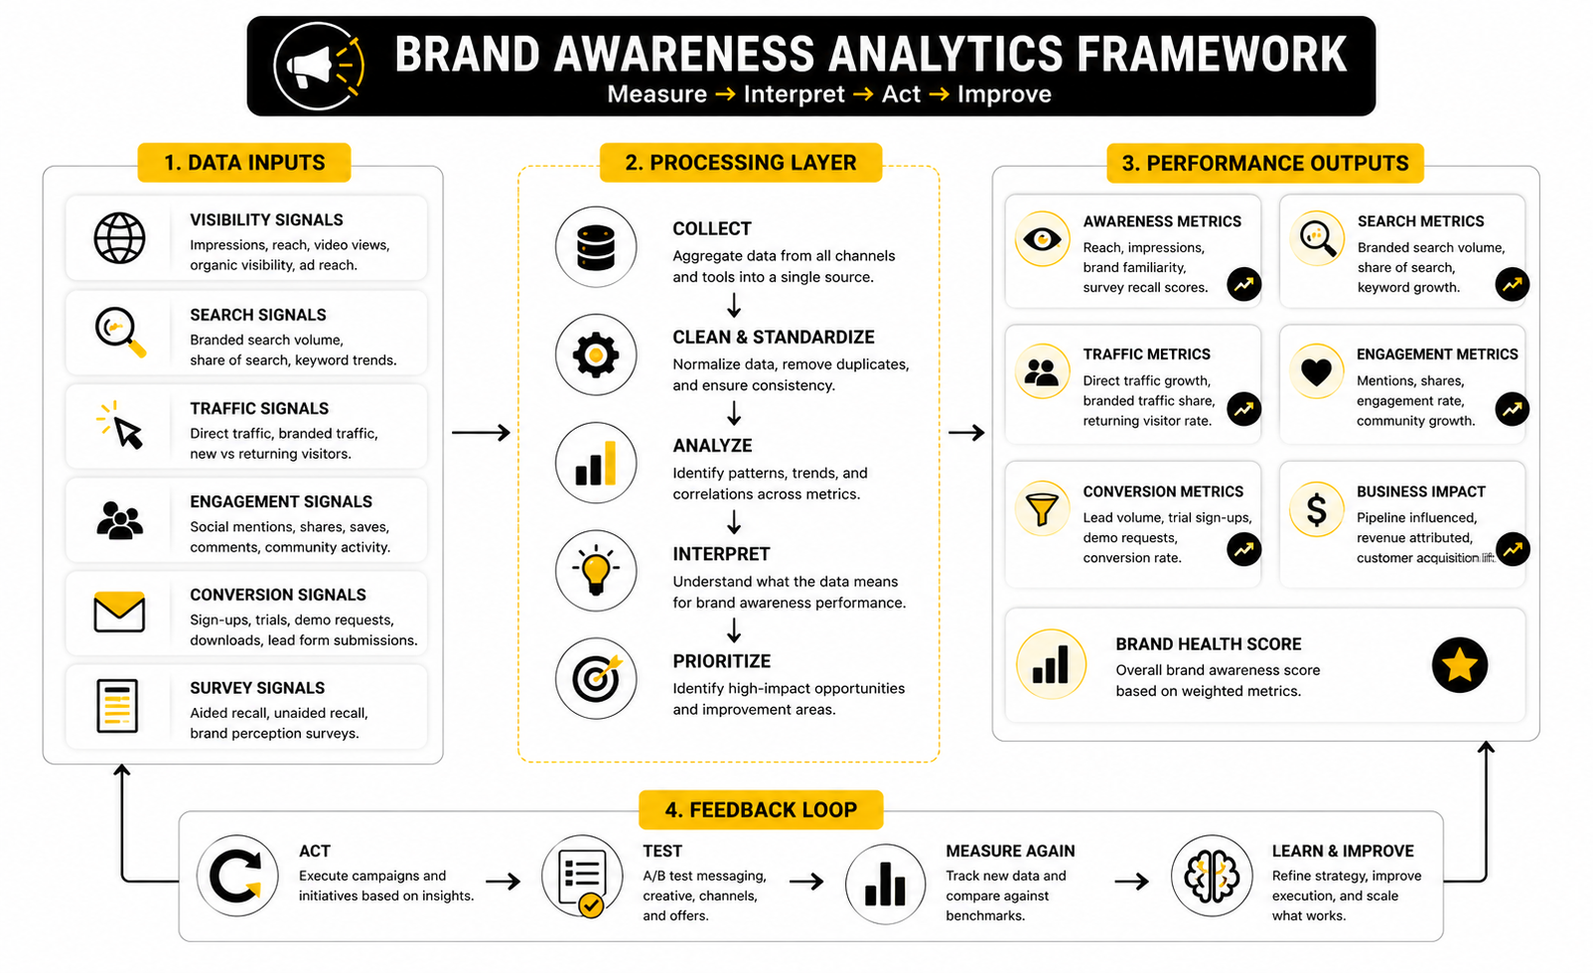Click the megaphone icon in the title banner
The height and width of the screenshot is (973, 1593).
(x=318, y=67)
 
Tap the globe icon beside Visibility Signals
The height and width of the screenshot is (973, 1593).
(x=119, y=238)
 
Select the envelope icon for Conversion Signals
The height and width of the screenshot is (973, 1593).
(x=119, y=613)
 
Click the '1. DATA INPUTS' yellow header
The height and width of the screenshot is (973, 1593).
(x=244, y=163)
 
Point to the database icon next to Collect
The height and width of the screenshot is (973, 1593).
(x=596, y=247)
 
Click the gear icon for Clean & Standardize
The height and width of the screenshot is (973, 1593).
(x=596, y=354)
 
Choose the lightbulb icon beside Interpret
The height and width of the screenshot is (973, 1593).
(x=596, y=571)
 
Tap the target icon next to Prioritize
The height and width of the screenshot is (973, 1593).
(x=596, y=678)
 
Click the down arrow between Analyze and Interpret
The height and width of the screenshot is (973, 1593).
(x=734, y=522)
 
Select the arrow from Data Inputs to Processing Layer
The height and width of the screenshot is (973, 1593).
(x=481, y=433)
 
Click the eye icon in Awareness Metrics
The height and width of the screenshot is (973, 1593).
(x=1042, y=238)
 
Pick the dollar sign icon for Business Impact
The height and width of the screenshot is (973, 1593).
(x=1316, y=509)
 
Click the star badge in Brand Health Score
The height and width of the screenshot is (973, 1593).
(x=1460, y=665)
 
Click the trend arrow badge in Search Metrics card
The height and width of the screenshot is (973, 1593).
(x=1512, y=285)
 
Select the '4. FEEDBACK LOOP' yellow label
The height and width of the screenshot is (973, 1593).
(x=761, y=810)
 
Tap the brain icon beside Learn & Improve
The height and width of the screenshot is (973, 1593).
(x=1211, y=876)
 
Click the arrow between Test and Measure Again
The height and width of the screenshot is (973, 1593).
(x=806, y=882)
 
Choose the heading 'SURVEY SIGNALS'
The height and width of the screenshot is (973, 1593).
(x=257, y=688)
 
